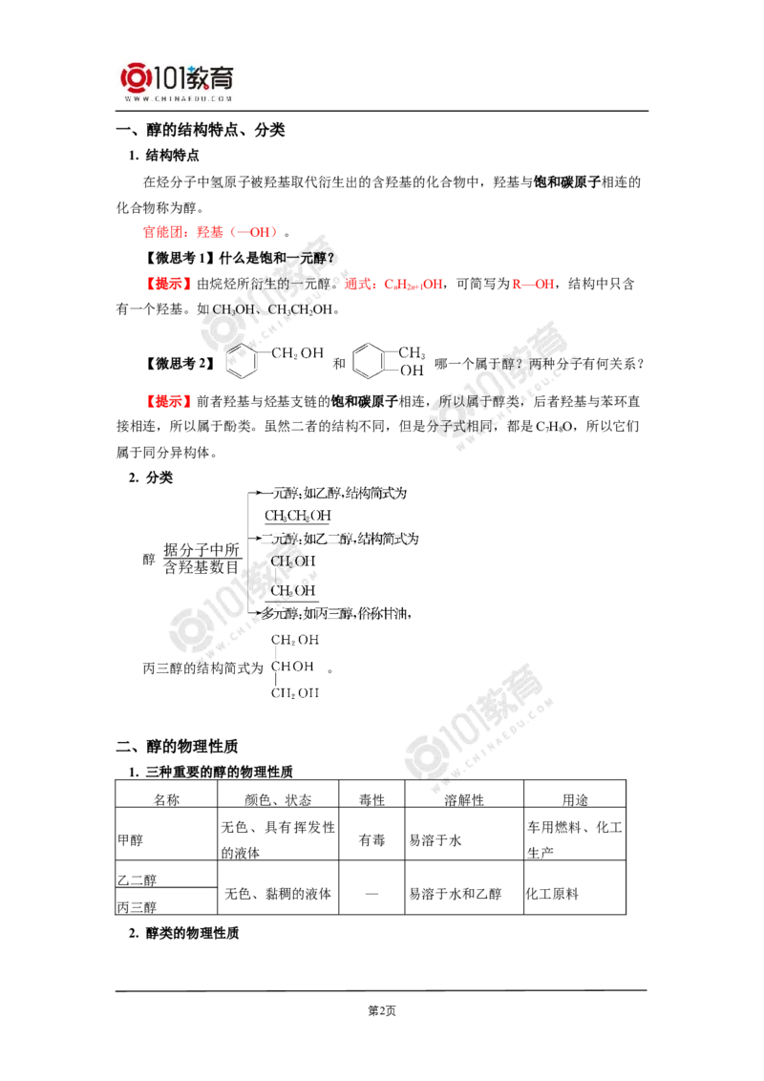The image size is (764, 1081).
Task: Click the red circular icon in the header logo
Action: pyautogui.click(x=135, y=79)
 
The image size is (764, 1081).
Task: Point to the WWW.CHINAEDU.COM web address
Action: pyautogui.click(x=178, y=98)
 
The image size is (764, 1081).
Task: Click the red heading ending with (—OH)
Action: pyautogui.click(x=210, y=231)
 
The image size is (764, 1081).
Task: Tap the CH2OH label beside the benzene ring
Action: pyautogui.click(x=298, y=353)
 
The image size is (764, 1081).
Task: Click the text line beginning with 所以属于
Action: pyautogui.click(x=477, y=402)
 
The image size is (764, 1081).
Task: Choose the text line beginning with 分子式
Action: pyautogui.click(x=460, y=426)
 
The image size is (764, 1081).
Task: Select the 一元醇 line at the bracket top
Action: pyautogui.click(x=339, y=494)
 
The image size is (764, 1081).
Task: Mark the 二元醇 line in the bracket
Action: pyautogui.click(x=344, y=540)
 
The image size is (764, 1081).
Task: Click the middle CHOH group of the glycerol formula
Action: pyautogui.click(x=294, y=665)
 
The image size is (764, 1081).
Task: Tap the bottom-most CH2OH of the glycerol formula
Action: pyautogui.click(x=294, y=693)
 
